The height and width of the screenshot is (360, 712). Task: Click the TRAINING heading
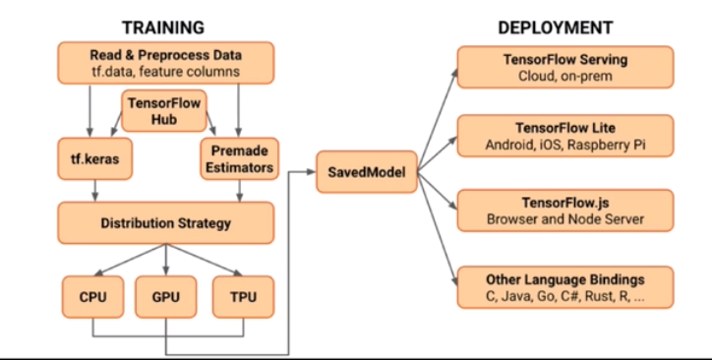coord(165,28)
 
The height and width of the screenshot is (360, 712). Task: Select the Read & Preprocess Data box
coord(165,63)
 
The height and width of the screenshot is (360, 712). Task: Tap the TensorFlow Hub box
coord(164,108)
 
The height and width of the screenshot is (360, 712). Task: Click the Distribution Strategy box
coord(165,222)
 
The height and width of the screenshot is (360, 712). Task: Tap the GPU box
coord(165,295)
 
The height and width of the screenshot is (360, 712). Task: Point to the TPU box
coord(240,295)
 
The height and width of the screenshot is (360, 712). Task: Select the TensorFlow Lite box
coord(564,137)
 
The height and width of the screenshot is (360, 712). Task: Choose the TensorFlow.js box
coord(564,210)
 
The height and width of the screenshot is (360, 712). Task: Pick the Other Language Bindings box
coord(564,286)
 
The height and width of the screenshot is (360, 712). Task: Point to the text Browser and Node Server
coord(564,219)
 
